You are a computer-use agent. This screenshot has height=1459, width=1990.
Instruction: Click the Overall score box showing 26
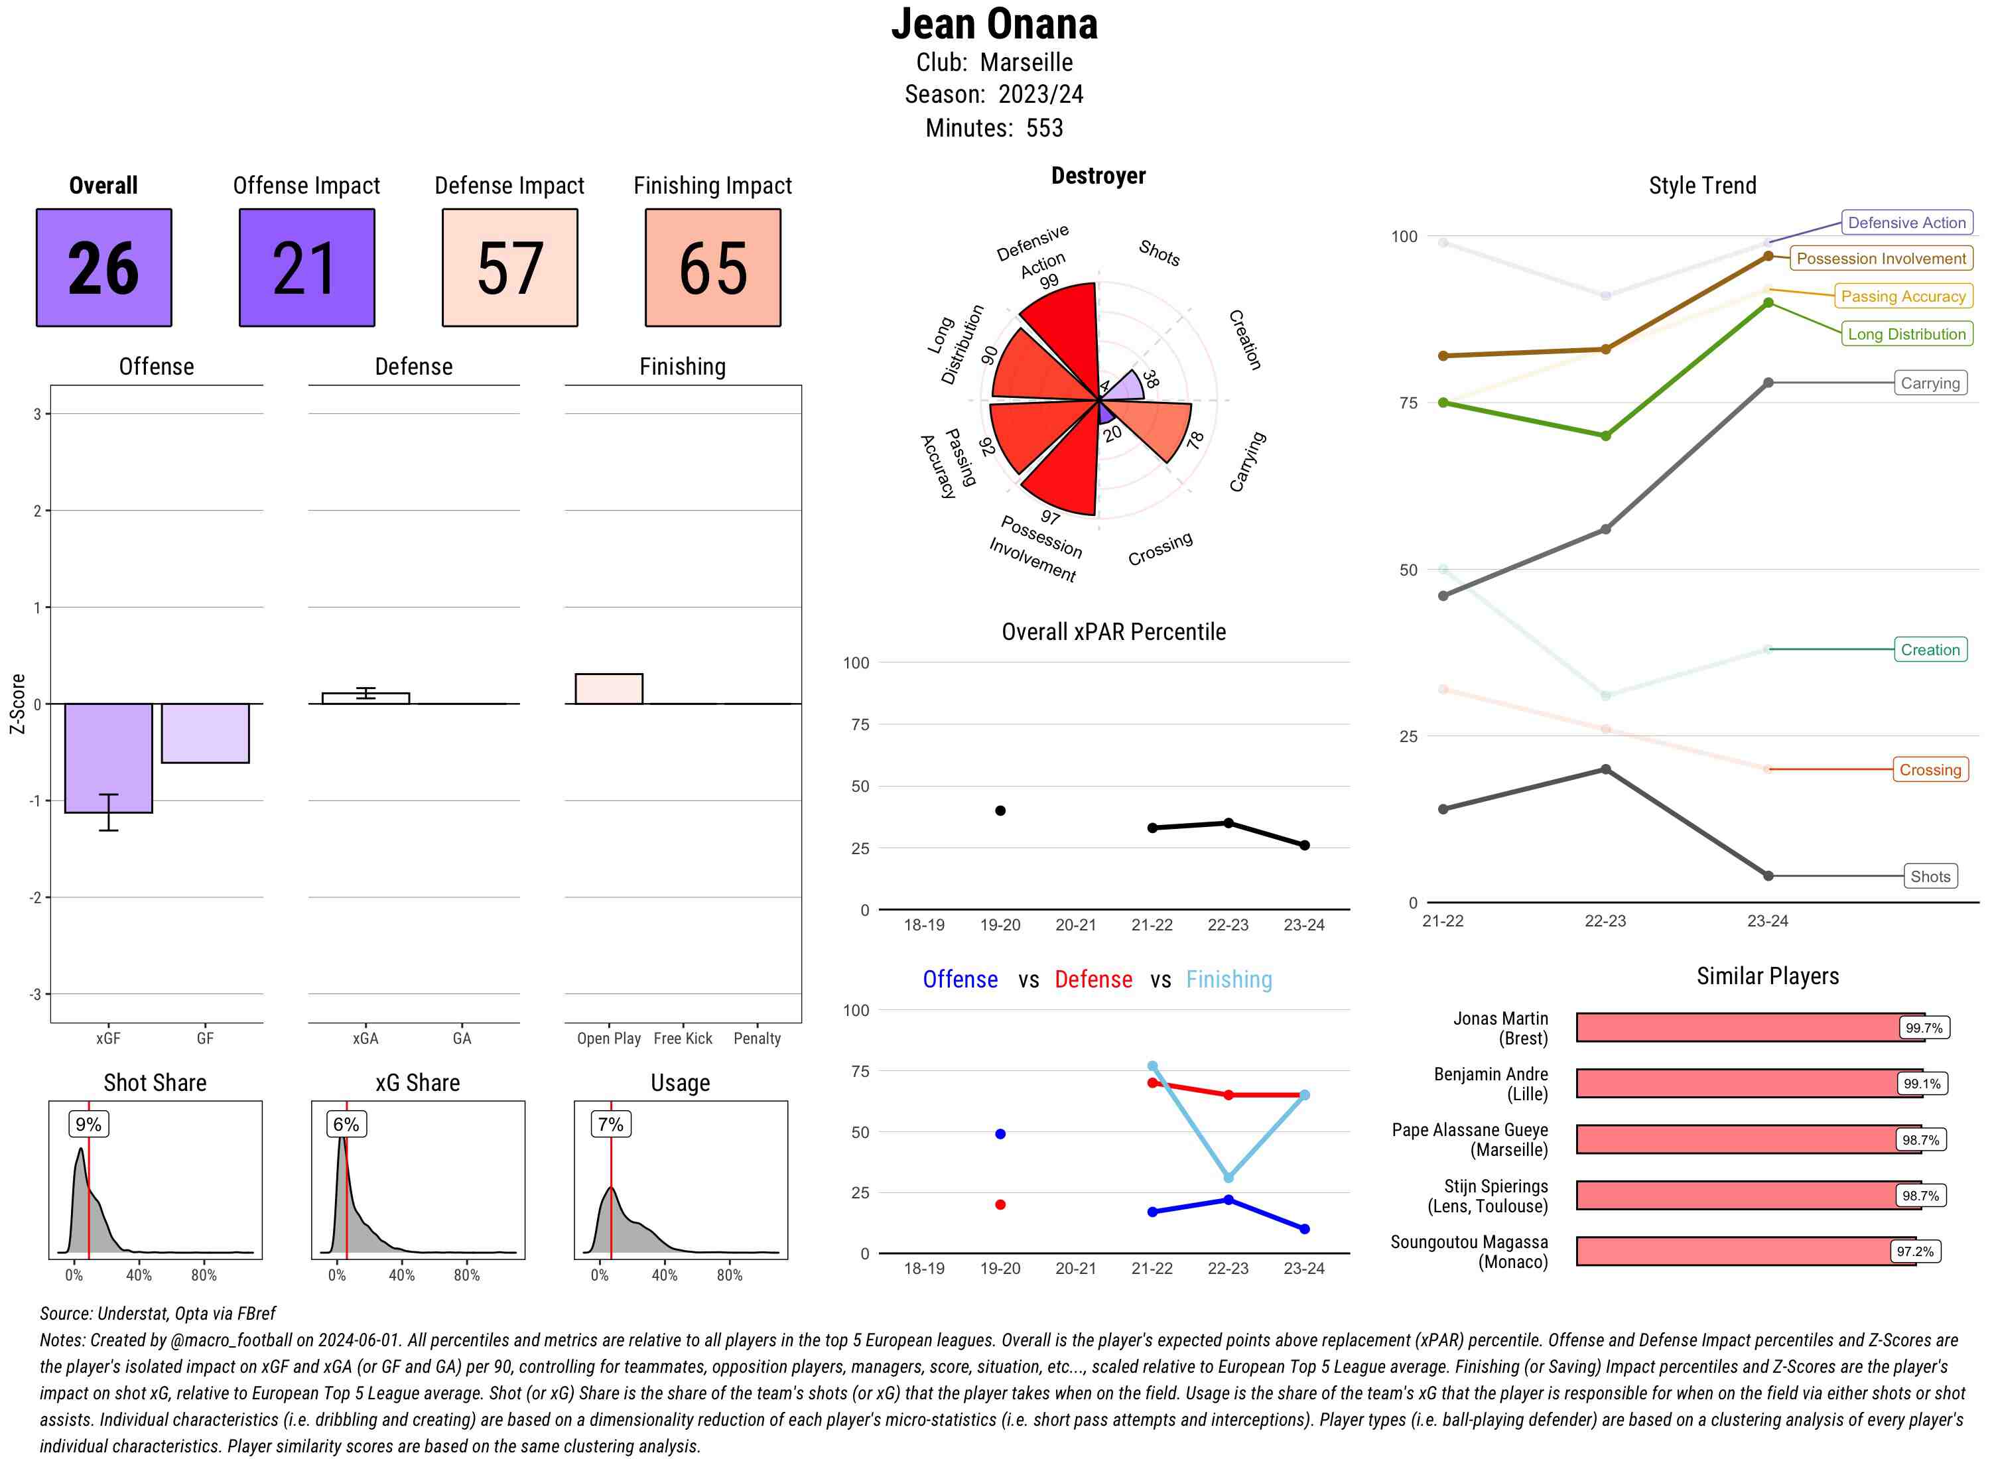[103, 268]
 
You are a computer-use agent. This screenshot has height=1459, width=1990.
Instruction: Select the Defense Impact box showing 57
[509, 268]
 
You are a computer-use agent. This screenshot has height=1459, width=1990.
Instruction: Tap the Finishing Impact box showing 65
[713, 268]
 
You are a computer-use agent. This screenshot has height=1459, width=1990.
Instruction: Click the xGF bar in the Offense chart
[109, 758]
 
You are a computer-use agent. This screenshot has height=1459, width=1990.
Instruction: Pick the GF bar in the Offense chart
[205, 733]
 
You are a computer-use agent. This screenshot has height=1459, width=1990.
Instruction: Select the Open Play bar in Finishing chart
[608, 689]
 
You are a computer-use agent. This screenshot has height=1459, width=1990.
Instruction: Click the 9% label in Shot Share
[88, 1124]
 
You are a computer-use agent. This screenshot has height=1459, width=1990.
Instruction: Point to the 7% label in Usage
[610, 1124]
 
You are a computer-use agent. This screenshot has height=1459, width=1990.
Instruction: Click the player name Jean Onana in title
[994, 24]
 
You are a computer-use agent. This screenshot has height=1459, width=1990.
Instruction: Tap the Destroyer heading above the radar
[1098, 176]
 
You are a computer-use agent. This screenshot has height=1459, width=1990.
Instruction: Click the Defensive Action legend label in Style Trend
[1906, 223]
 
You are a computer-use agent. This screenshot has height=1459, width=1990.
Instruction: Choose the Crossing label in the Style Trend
[1929, 769]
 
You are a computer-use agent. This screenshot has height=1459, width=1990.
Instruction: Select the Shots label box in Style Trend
[1929, 876]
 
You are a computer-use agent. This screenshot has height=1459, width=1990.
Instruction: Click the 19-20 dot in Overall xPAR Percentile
[1000, 811]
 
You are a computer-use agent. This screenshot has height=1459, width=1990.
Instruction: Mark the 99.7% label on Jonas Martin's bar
[1923, 1028]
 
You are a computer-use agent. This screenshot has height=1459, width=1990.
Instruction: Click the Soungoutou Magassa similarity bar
[1745, 1251]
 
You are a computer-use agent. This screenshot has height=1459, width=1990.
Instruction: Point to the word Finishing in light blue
[1228, 980]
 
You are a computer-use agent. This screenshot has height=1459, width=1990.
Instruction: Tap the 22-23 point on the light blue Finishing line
[1228, 1177]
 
